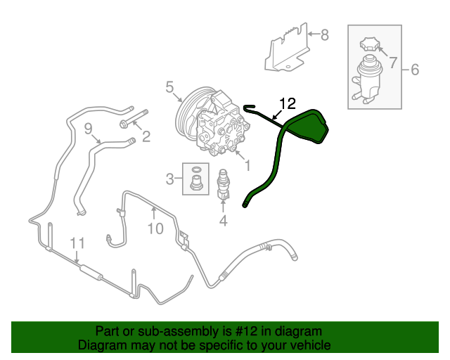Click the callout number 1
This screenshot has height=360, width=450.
247,166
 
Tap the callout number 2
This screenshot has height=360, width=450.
146,137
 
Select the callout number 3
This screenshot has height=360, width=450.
169,179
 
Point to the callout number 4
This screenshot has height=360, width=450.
223,221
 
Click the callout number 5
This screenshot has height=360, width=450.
169,87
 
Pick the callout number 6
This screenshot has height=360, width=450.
414,69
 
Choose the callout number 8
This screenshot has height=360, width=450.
324,34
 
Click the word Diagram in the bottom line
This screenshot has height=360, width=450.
102,345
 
